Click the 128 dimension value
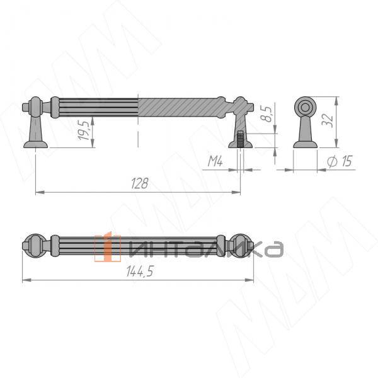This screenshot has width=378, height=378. tap(140, 183)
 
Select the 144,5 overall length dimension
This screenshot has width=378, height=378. tap(140, 271)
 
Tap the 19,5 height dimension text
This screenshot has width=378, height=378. tap(83, 130)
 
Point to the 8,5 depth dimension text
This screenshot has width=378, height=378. tap(266, 114)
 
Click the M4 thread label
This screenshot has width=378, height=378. tap(215, 161)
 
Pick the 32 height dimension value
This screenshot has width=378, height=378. tap(327, 120)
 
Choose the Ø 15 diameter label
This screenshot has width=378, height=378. tap(340, 161)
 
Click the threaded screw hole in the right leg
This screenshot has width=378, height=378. tap(240, 139)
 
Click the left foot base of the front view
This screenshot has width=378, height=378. tap(36, 144)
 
